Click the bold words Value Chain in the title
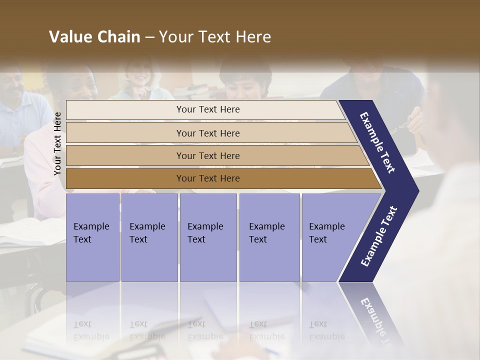94,37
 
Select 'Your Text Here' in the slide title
215,37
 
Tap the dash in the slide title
149,37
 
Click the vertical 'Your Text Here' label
57,143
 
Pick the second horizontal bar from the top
207,133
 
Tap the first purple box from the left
92,237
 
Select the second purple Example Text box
149,237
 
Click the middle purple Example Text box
208,237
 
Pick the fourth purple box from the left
269,237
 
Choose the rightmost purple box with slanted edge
330,237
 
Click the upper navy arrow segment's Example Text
377,142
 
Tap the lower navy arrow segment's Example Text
379,236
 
